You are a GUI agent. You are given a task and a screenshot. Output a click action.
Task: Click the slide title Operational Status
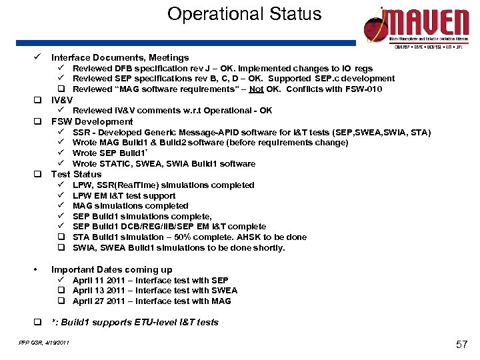[x=244, y=14]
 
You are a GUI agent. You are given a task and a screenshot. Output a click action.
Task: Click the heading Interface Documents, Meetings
[x=120, y=58]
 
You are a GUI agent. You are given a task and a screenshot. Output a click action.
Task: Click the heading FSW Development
[x=92, y=121]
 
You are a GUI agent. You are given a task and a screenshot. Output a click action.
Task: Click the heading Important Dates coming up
[x=111, y=269]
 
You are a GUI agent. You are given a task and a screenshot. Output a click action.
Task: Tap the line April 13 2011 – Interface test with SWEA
[x=155, y=291]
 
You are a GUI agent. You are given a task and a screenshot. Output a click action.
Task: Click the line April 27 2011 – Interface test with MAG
[x=152, y=301]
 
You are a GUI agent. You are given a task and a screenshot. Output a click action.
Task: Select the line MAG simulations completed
[x=130, y=206]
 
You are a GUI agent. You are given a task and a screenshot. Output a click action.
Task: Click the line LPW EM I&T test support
[x=124, y=195]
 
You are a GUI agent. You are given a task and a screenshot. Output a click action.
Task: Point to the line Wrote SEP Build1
[x=109, y=153]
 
